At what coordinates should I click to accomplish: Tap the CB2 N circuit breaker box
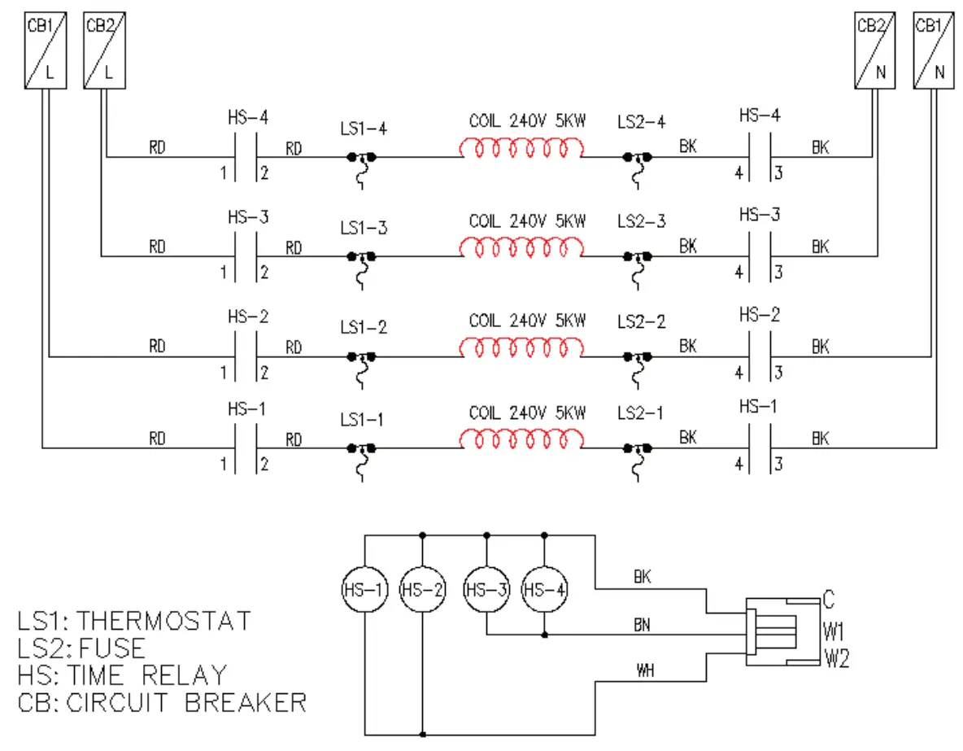[x=874, y=50]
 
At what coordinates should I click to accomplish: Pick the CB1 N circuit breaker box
[x=933, y=50]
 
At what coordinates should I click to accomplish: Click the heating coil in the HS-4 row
[x=521, y=150]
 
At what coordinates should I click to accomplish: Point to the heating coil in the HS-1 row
[x=521, y=439]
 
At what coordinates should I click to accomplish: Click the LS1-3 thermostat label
[x=364, y=228]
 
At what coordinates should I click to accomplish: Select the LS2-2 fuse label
[x=641, y=321]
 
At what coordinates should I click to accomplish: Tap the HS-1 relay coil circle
[x=365, y=589]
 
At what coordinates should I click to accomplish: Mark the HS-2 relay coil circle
[x=422, y=589]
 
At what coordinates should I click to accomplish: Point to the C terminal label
[x=828, y=601]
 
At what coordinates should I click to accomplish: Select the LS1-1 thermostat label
[x=364, y=420]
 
